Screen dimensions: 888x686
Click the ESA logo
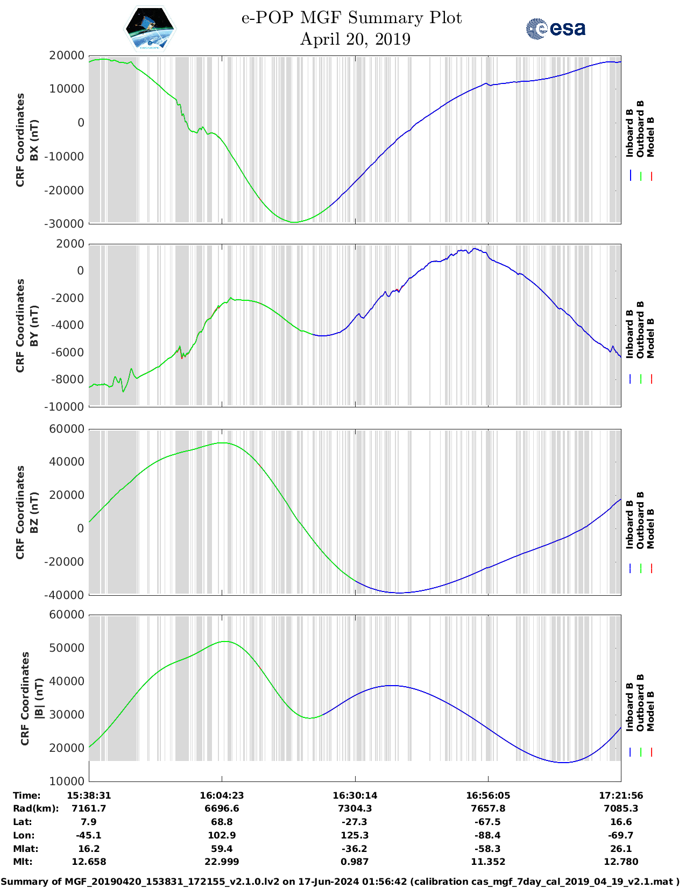556,29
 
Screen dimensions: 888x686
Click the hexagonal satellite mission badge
150,29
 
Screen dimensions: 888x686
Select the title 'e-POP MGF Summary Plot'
351,18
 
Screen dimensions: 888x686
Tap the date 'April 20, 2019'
355,39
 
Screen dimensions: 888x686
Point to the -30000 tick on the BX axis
67,223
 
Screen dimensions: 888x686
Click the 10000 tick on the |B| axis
67,781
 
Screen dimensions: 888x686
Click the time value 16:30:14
355,795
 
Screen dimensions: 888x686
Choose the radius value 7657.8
488,808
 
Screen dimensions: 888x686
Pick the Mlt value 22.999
222,862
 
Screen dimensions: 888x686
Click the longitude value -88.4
488,835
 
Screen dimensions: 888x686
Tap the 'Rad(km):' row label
36,808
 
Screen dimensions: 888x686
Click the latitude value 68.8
222,822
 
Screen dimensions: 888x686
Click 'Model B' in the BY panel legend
650,339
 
